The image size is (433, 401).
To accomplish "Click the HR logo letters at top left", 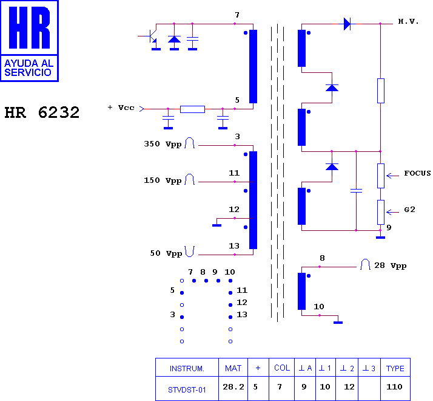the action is click(x=29, y=28).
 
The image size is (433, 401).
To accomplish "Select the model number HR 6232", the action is click(x=42, y=112).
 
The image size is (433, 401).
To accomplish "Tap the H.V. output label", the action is click(x=408, y=21).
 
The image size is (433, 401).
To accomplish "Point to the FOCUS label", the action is click(x=417, y=173).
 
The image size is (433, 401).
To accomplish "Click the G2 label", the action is click(x=409, y=210).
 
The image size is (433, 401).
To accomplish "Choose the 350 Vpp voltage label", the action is click(x=163, y=144).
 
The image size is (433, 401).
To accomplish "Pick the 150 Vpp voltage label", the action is click(x=163, y=180).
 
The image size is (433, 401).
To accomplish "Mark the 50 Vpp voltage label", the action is click(x=166, y=253).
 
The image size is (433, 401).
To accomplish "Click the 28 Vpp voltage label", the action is click(x=390, y=266).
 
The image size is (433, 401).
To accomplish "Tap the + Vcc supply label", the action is click(x=121, y=108).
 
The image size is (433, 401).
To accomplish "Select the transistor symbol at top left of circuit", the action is click(x=150, y=36).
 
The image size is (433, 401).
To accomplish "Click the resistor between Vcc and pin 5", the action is click(x=192, y=109).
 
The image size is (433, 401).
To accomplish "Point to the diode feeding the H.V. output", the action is click(x=347, y=24).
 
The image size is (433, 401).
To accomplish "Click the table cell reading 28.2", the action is click(x=233, y=386).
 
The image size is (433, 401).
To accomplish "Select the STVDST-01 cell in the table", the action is click(x=187, y=390).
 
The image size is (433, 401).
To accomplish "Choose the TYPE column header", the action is click(x=395, y=368).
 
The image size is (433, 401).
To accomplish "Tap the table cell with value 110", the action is click(x=394, y=386).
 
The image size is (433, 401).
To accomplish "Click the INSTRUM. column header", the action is click(x=187, y=369).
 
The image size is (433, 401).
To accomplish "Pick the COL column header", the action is click(x=282, y=368).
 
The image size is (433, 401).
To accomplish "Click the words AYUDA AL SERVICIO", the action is click(x=29, y=68).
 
